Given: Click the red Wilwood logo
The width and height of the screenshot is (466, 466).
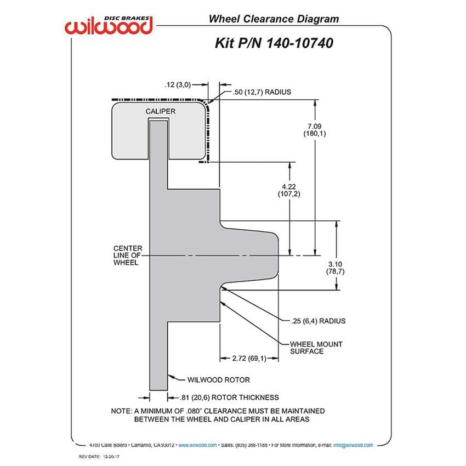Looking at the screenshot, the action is tap(109, 25).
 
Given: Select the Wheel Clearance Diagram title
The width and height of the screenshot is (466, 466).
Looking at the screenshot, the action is tap(274, 19).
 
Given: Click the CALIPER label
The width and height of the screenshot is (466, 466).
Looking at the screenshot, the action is tap(161, 111).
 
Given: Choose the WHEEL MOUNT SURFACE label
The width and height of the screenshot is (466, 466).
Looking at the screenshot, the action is tap(316, 348).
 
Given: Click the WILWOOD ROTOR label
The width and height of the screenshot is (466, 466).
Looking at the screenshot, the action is tap(218, 380).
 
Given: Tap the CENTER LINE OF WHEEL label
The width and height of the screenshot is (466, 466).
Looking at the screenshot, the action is tap(128, 255).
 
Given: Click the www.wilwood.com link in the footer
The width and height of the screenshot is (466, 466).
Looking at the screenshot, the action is tap(197, 445).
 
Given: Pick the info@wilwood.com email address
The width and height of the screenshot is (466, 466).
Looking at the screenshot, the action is tap(353, 445).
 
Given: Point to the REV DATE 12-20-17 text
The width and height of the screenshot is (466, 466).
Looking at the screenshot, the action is tap(99, 457).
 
